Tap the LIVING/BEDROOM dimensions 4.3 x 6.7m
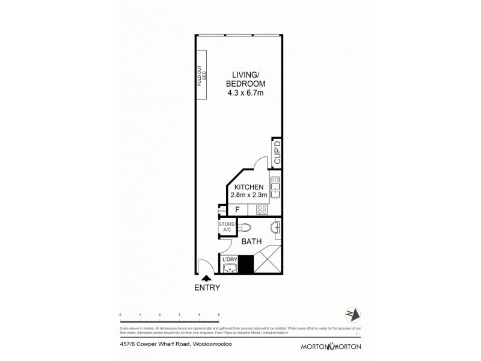246,93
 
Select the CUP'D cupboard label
277,153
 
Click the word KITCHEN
250,187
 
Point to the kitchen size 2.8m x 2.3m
250,196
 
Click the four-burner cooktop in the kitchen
262,209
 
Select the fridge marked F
237,209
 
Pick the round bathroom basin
275,227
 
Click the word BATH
251,242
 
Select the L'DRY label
231,259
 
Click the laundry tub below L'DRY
230,268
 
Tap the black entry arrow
207,277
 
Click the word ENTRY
207,288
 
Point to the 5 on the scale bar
218,315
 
